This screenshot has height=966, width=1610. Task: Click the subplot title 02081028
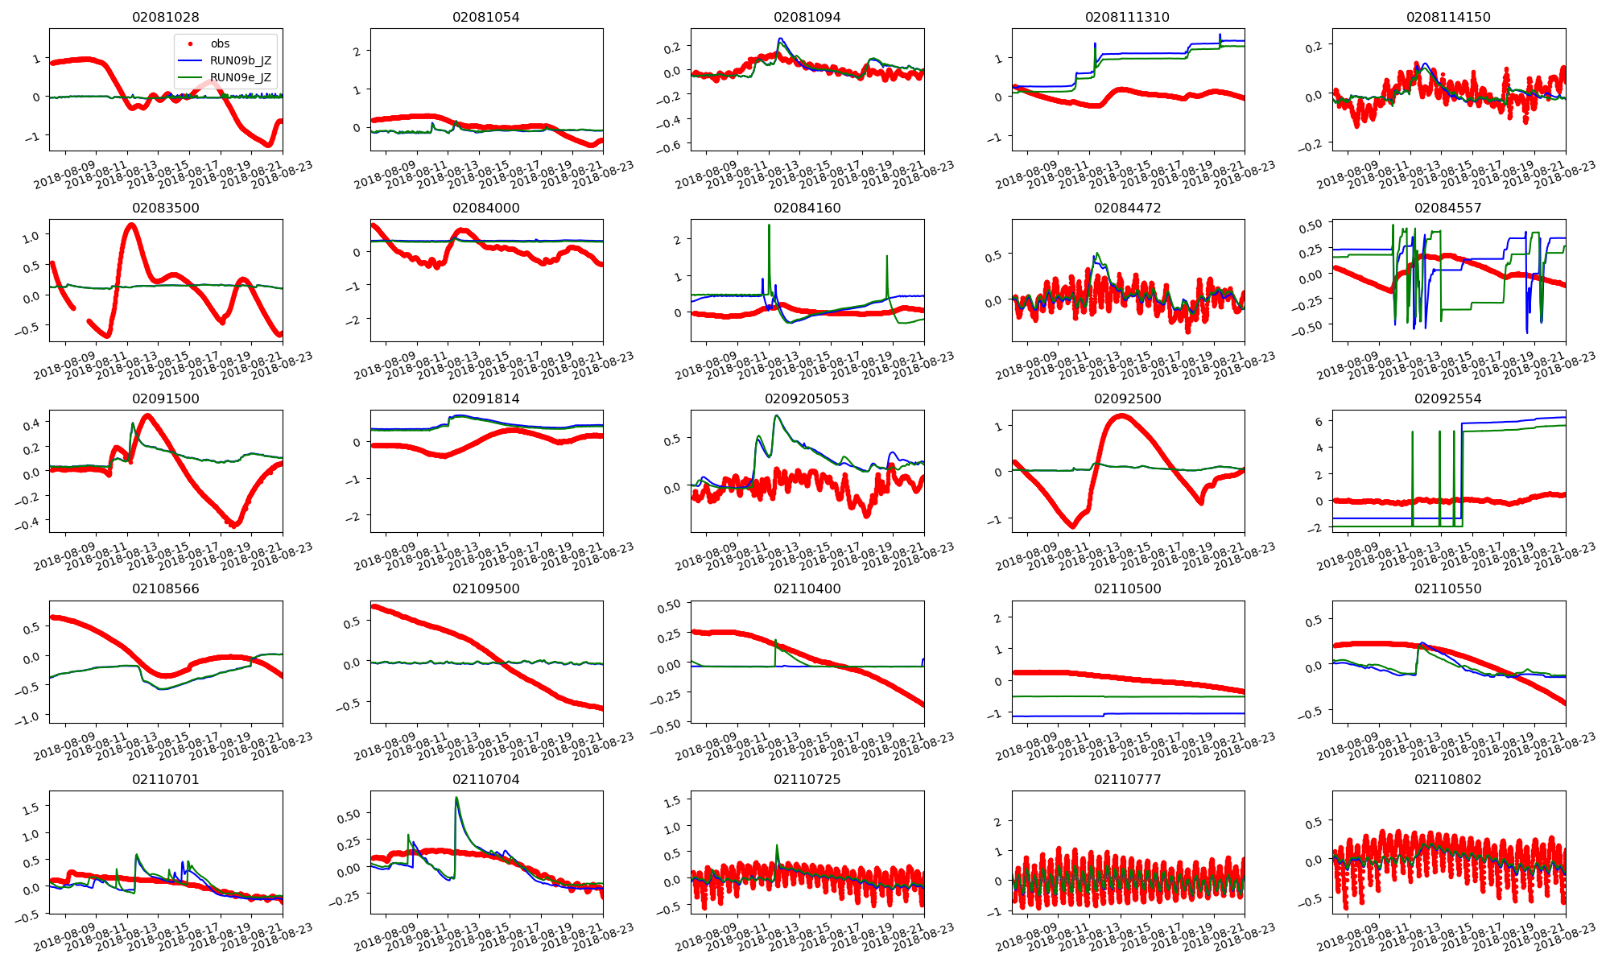click(x=165, y=17)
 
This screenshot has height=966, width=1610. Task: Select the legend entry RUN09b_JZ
click(x=240, y=61)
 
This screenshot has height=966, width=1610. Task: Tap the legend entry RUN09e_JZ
click(x=240, y=78)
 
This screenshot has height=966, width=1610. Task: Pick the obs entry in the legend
click(x=220, y=43)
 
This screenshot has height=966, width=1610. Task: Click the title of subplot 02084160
click(x=807, y=208)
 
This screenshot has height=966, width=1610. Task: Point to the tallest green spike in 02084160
click(x=769, y=226)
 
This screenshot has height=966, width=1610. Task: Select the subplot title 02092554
click(x=1447, y=398)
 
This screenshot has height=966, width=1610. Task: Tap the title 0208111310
click(x=1127, y=17)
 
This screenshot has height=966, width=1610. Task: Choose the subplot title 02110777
click(x=1127, y=779)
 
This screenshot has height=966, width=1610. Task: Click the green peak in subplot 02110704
click(x=456, y=799)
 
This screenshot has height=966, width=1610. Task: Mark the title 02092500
click(x=1127, y=398)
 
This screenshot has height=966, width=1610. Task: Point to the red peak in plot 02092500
click(x=1121, y=415)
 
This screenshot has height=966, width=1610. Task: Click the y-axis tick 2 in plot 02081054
click(x=357, y=51)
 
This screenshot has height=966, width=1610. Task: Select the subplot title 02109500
click(x=485, y=588)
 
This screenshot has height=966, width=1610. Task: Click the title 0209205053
click(x=807, y=398)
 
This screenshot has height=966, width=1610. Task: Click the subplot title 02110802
click(x=1447, y=779)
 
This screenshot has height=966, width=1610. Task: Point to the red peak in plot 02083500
click(x=131, y=225)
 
